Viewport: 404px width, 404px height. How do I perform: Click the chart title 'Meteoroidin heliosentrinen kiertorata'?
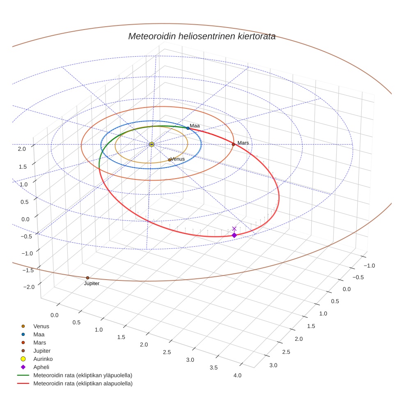pyautogui.click(x=202, y=36)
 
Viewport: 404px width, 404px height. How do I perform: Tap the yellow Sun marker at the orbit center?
pyautogui.click(x=151, y=144)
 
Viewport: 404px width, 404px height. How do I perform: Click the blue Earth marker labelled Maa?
pyautogui.click(x=188, y=128)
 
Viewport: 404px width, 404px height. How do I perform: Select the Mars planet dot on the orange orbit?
pyautogui.click(x=233, y=144)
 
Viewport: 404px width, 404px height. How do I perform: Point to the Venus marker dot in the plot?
pyautogui.click(x=170, y=160)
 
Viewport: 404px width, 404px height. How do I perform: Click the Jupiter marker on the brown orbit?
pyautogui.click(x=87, y=278)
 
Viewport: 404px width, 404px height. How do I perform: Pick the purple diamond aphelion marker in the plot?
pyautogui.click(x=234, y=235)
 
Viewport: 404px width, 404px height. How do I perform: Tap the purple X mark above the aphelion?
pyautogui.click(x=234, y=229)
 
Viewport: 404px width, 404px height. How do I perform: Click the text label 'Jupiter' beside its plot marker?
pyautogui.click(x=92, y=283)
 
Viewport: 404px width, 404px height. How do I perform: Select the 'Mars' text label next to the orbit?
pyautogui.click(x=243, y=143)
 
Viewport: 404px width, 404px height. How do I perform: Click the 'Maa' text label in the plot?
pyautogui.click(x=195, y=126)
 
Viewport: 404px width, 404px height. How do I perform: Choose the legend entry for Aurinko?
pyautogui.click(x=43, y=359)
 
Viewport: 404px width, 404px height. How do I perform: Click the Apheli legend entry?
pyautogui.click(x=41, y=367)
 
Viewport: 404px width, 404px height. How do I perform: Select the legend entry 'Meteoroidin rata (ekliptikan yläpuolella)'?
pyautogui.click(x=83, y=375)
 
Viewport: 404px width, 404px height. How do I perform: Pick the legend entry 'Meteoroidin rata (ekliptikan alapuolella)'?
pyautogui.click(x=83, y=383)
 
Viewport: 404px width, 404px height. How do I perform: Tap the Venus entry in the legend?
pyautogui.click(x=41, y=326)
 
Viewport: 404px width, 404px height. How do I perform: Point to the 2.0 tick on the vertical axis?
pyautogui.click(x=21, y=149)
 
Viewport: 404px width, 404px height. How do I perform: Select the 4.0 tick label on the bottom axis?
pyautogui.click(x=237, y=375)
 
